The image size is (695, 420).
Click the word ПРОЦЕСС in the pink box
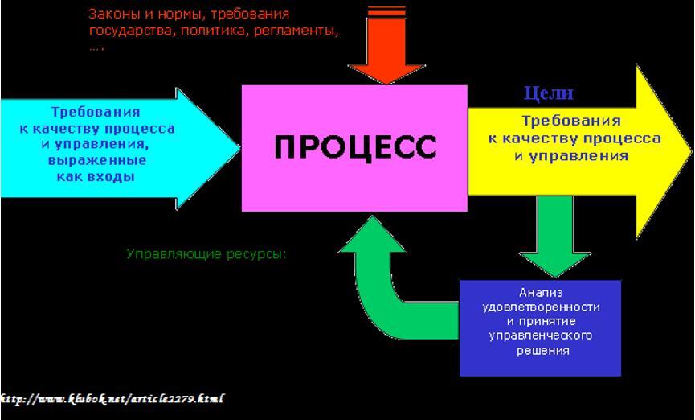point(355,147)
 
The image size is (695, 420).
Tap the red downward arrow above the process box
point(386,45)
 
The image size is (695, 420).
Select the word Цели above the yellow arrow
point(549,93)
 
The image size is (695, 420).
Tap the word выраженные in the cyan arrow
point(97,160)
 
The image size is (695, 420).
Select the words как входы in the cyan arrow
point(96,177)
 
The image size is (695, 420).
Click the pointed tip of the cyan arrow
point(239,148)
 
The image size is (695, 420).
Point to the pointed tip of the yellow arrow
point(691,151)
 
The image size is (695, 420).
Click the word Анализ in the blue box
point(541,293)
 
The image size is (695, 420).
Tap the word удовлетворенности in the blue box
point(541,307)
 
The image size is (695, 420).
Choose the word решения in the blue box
point(543,351)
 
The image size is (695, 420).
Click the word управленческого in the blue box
point(541,336)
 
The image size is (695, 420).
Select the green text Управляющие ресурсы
point(206,254)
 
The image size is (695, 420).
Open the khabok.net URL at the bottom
point(112,399)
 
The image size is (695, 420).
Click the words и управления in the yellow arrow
point(571,156)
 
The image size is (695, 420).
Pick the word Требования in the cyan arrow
point(96,112)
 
